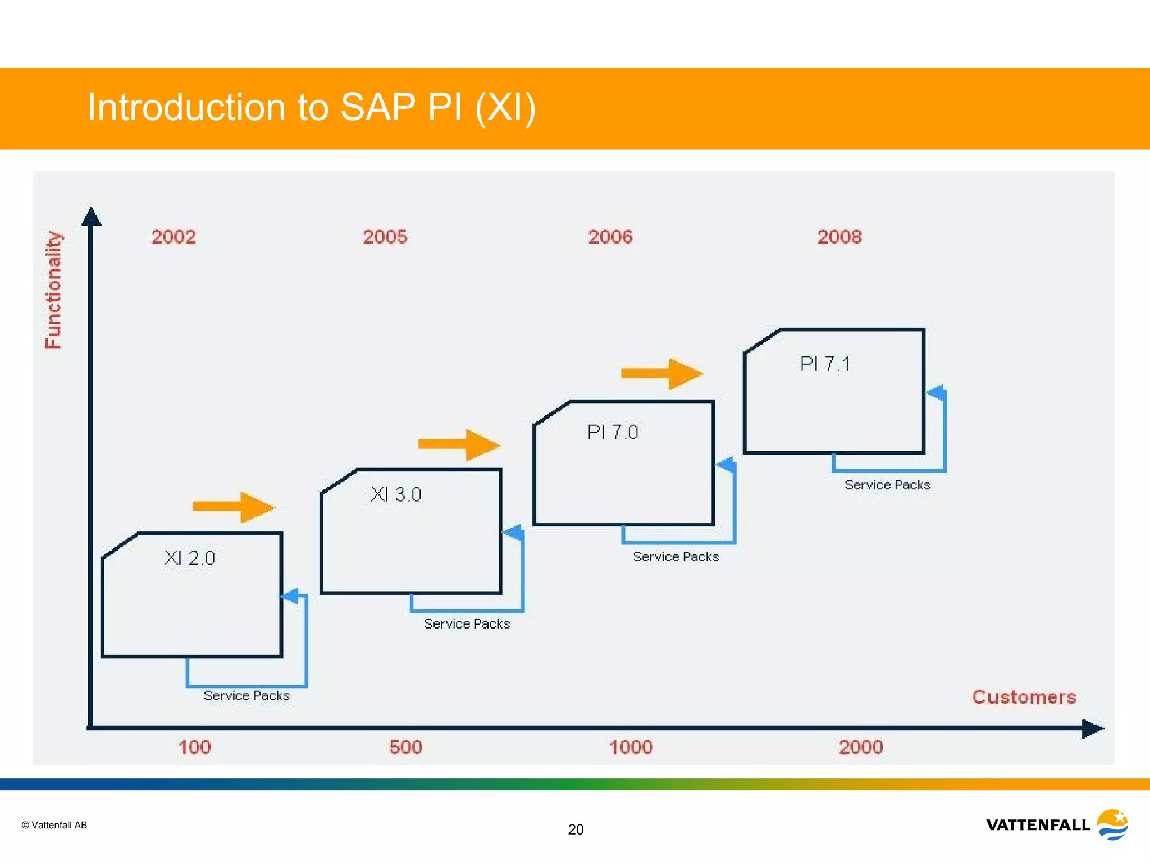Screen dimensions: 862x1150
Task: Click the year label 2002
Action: click(174, 237)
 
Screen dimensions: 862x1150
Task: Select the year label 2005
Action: click(385, 237)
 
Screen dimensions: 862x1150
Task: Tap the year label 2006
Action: click(610, 237)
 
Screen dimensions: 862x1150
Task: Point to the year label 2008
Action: click(839, 237)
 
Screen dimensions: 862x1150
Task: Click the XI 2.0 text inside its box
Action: click(189, 558)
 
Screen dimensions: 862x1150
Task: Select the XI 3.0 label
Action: click(396, 494)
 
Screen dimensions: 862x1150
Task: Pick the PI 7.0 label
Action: click(613, 432)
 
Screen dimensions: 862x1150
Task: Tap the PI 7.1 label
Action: click(825, 364)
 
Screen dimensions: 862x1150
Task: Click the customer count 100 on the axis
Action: click(194, 747)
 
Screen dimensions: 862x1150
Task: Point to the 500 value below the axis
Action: click(405, 747)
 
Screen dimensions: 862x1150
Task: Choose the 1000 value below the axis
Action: click(631, 747)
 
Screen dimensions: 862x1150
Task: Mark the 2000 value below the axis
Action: click(860, 747)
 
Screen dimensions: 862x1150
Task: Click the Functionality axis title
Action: click(53, 290)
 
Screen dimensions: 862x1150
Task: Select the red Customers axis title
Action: click(1024, 697)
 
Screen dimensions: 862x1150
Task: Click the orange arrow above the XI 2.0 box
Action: click(233, 507)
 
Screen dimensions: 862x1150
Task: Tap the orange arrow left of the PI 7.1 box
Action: click(661, 374)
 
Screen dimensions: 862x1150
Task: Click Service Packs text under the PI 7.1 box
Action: click(887, 485)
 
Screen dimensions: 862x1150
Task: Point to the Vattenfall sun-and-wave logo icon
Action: click(1112, 824)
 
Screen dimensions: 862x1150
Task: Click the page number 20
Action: click(576, 829)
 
